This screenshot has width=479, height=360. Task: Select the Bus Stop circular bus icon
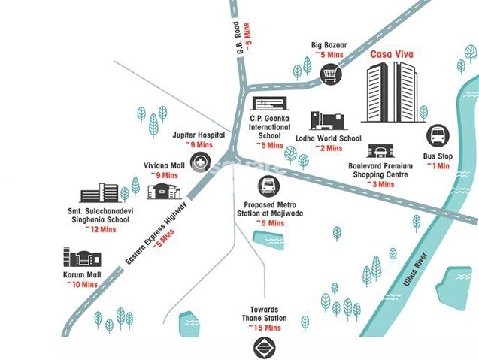pyautogui.click(x=437, y=136)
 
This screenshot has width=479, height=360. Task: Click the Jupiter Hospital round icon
pyautogui.click(x=200, y=160)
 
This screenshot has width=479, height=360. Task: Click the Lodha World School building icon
pyautogui.click(x=326, y=122)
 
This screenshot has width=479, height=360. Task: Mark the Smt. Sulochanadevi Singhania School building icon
pyautogui.click(x=99, y=192)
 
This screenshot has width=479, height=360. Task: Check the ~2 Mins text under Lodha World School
pyautogui.click(x=329, y=147)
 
